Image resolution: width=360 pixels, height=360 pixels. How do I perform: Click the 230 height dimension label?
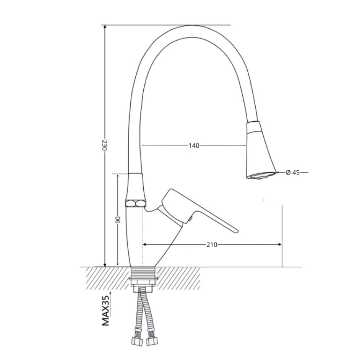pos(104,145)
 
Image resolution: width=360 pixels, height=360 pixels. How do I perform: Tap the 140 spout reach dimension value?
pos(194,145)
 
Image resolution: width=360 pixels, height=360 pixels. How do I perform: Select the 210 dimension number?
pos(211,245)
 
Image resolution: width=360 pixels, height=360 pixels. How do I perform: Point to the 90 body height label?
pos(118,220)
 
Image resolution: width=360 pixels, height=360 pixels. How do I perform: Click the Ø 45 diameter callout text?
pos(293,172)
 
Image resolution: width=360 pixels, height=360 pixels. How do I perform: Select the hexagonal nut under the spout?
pos(135,203)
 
